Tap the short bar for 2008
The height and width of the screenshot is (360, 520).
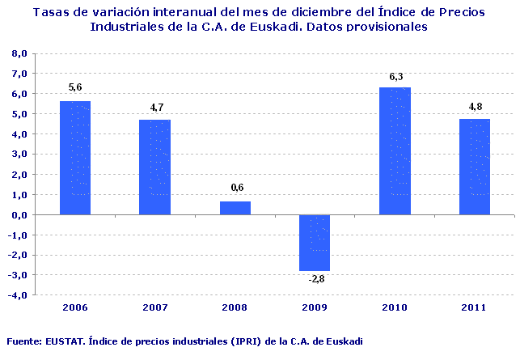click(x=235, y=208)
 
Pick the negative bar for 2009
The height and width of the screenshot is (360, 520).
click(x=315, y=242)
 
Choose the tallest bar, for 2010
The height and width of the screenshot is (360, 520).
click(x=395, y=151)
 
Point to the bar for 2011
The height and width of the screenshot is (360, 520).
click(x=475, y=167)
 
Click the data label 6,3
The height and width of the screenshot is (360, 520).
click(x=395, y=77)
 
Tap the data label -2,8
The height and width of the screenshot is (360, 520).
click(x=315, y=279)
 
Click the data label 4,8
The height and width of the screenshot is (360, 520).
click(x=475, y=107)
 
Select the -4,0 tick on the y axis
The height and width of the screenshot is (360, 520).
click(x=19, y=295)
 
